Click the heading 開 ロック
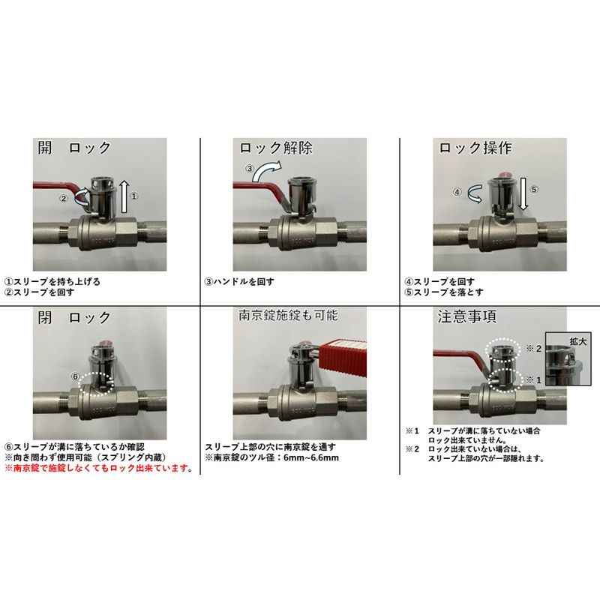pyautogui.click(x=74, y=147)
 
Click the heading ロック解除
pyautogui.click(x=276, y=148)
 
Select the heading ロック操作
pyautogui.click(x=475, y=148)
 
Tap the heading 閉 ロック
pyautogui.click(x=74, y=317)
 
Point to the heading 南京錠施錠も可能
pyautogui.click(x=288, y=315)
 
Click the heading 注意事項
pyautogui.click(x=466, y=316)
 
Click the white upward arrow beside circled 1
pyautogui.click(x=124, y=197)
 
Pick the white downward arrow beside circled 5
pyautogui.click(x=523, y=196)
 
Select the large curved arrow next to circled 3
pyautogui.click(x=268, y=171)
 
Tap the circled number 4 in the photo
pyautogui.click(x=457, y=192)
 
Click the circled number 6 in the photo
pyautogui.click(x=75, y=376)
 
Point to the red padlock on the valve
pyautogui.click(x=343, y=355)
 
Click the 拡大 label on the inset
pyautogui.click(x=577, y=341)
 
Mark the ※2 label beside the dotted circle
pyautogui.click(x=534, y=349)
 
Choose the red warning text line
pyautogui.click(x=98, y=468)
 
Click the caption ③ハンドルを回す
pyautogui.click(x=239, y=282)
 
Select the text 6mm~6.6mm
pyautogui.click(x=311, y=457)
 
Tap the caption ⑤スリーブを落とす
pyautogui.click(x=444, y=292)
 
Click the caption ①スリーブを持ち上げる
pyautogui.click(x=52, y=282)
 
